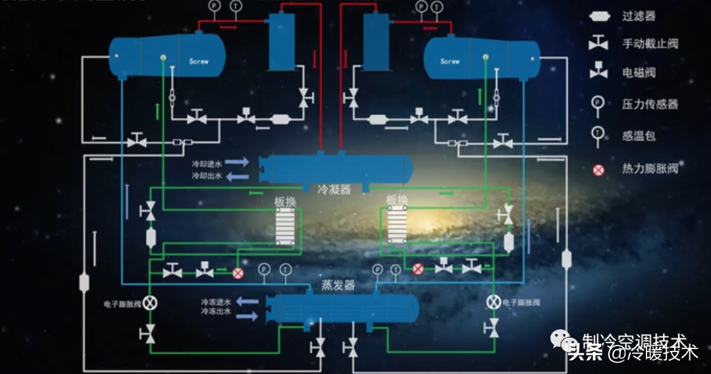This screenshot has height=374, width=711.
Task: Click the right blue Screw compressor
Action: pos(481,58)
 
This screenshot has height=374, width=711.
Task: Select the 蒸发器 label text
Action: pos(338,285)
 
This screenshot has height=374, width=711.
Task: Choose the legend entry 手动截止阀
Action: pos(650,44)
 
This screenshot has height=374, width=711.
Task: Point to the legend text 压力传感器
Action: pos(650,104)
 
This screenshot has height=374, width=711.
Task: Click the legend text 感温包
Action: pos(639,136)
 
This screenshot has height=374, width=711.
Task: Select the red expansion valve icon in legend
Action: pos(598,170)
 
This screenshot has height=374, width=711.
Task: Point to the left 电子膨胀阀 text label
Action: pos(122,304)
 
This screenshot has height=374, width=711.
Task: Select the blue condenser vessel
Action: pos(336,169)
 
